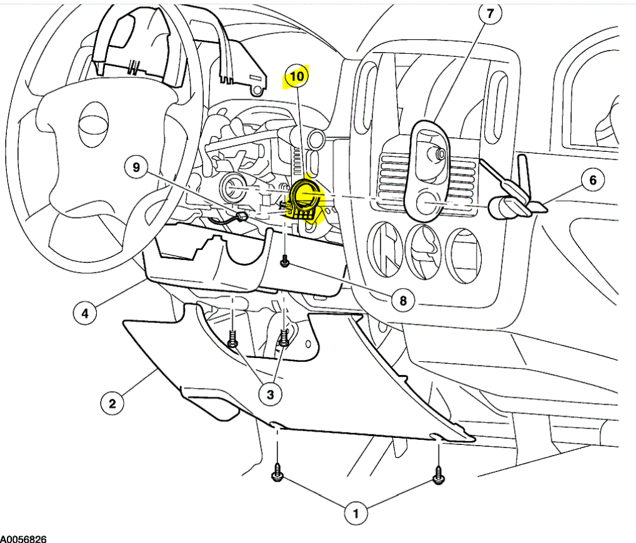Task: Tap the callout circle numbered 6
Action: point(592,181)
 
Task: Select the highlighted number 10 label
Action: point(297,77)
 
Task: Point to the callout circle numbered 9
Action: point(137,167)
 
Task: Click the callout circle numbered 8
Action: point(403,301)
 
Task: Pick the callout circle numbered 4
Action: point(85,312)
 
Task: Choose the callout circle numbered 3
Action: point(270,394)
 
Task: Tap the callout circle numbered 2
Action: point(112,403)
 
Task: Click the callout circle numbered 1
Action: point(356,514)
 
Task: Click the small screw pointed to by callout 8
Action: point(285,263)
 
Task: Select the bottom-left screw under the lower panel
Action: point(276,476)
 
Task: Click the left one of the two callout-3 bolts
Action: point(233,342)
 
